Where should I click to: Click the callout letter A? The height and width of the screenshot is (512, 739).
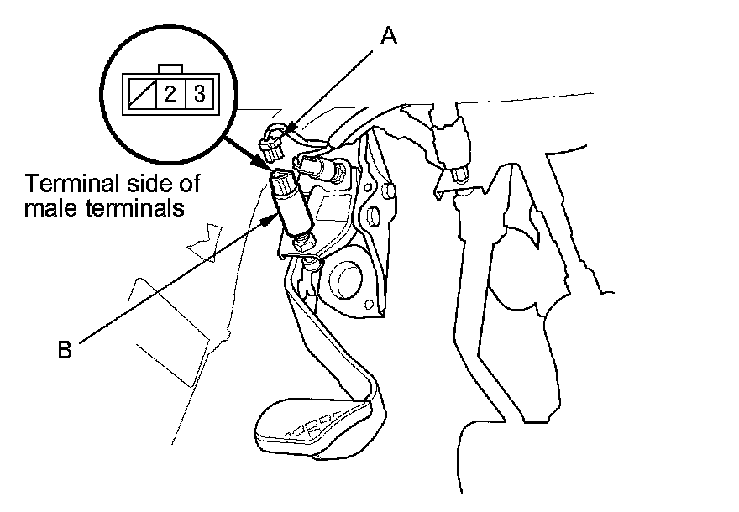point(387,36)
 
